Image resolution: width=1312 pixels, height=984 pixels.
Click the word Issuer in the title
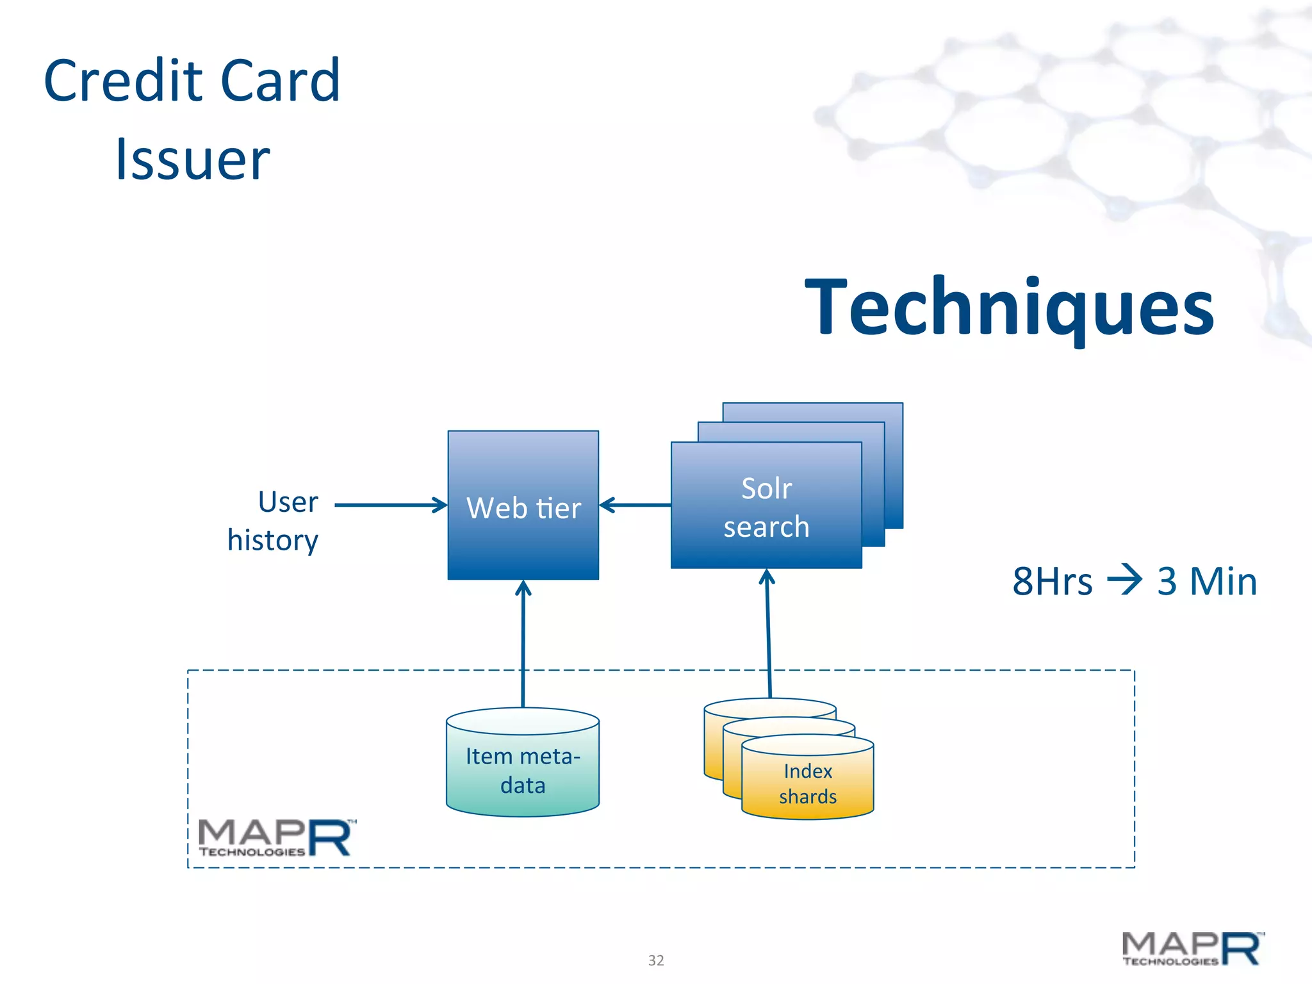click(192, 160)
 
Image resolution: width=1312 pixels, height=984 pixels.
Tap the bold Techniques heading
click(1009, 307)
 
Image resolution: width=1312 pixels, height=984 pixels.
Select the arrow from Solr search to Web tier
click(634, 505)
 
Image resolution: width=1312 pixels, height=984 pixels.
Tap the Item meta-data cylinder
click(523, 769)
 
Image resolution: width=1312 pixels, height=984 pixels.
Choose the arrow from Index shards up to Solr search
click(768, 634)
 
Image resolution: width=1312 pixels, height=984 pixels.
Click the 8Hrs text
click(1052, 582)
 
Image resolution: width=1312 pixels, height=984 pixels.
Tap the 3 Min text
click(1206, 582)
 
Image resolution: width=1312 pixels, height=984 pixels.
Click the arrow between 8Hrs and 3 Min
click(1124, 579)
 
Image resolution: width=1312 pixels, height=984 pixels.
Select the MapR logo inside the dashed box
click(275, 838)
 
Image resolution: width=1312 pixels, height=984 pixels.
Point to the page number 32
click(656, 960)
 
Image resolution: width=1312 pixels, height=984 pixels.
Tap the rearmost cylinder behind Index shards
click(769, 707)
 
